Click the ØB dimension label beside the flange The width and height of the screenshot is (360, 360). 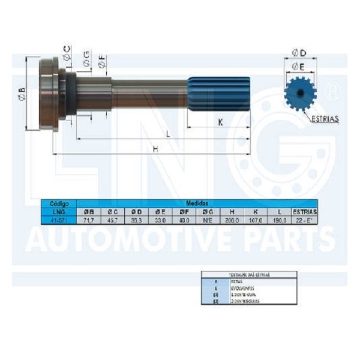click(x=21, y=93)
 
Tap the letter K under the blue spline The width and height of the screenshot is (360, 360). click(x=221, y=122)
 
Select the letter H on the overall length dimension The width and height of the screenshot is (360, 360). click(x=155, y=149)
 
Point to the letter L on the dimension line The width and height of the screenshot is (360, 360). click(x=168, y=134)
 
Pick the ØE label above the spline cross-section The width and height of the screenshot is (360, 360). click(x=298, y=66)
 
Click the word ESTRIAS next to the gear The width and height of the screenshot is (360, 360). click(x=325, y=119)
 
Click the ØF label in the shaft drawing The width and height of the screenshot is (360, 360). click(x=102, y=61)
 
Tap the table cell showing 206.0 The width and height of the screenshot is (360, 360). click(x=228, y=220)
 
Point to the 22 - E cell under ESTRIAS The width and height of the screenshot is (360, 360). click(x=304, y=220)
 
